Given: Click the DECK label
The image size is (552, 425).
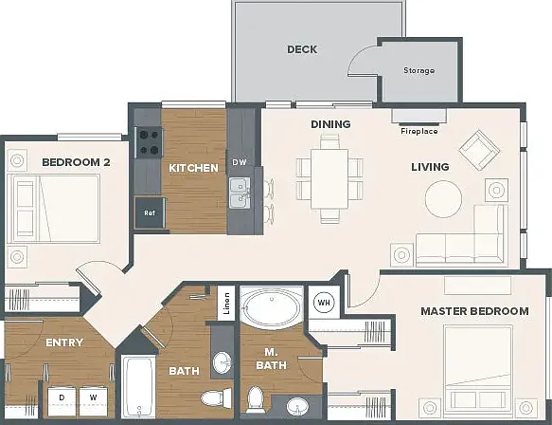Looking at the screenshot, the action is [x=302, y=49].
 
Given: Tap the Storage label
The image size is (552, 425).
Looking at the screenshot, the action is [x=418, y=70].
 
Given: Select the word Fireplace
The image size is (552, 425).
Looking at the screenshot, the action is [x=419, y=131].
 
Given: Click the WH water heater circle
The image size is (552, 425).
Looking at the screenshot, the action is [x=324, y=303].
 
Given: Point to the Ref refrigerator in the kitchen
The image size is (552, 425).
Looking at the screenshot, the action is [x=150, y=212].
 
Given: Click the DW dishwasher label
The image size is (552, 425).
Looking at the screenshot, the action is [x=240, y=162].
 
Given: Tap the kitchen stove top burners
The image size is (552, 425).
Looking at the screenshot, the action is [x=149, y=142].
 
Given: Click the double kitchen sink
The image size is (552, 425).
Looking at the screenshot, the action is [x=240, y=193].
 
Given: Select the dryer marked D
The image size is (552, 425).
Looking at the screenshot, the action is [x=62, y=400].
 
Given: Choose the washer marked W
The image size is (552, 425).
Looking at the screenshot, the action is [x=94, y=400].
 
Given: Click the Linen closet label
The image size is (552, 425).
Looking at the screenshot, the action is [x=226, y=304].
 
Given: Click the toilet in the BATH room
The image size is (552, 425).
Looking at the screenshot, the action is [x=216, y=398].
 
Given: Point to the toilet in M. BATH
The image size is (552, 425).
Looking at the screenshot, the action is [x=256, y=399].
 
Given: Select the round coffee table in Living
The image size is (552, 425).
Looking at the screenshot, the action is [x=443, y=198].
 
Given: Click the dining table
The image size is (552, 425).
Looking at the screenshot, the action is [x=329, y=178].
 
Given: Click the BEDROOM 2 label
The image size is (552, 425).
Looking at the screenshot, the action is [x=76, y=162].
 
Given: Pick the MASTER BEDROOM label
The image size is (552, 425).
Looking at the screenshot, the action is [x=475, y=311].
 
